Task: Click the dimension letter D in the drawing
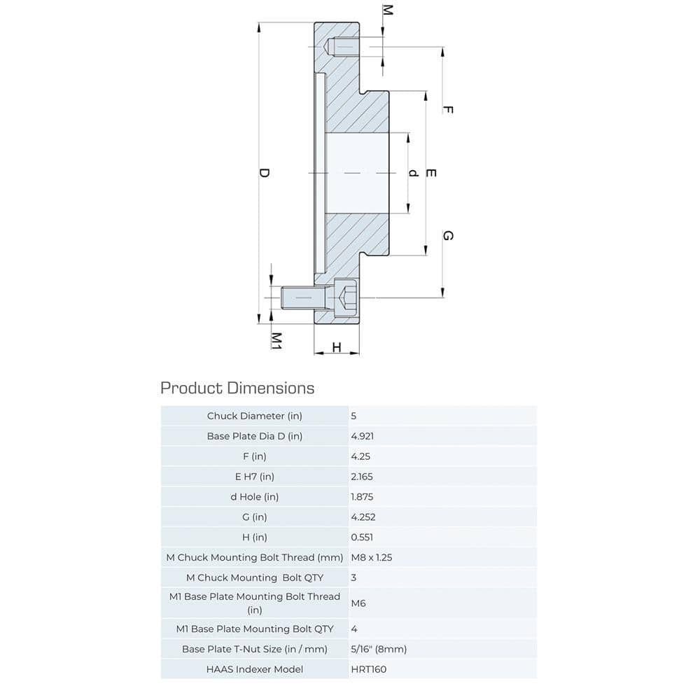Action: [x=264, y=173]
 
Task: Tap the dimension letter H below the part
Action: [x=336, y=348]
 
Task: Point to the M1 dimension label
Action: [x=276, y=341]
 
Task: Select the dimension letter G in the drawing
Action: [x=448, y=236]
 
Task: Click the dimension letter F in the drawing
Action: [x=448, y=110]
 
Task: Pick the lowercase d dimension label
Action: [x=414, y=173]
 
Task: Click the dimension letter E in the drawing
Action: [x=431, y=173]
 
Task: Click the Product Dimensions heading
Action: [x=237, y=388]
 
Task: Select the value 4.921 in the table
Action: [x=363, y=436]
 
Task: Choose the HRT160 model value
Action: [x=368, y=669]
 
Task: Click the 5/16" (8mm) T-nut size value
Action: [x=378, y=649]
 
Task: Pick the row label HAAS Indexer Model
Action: [x=255, y=669]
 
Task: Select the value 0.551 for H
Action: [x=363, y=538]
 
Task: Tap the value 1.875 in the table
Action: [x=363, y=497]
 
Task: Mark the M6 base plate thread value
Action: [x=358, y=603]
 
